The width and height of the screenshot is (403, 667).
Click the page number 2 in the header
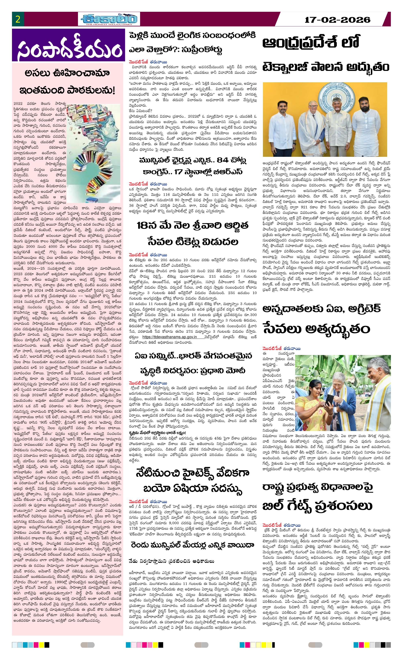tap(18, 19)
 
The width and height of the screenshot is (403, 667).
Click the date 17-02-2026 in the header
tap(337, 20)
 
